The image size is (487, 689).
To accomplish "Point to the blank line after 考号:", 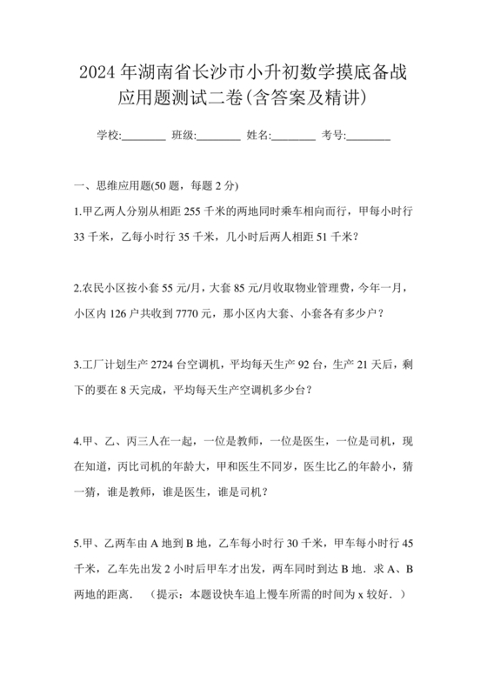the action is click(369, 137).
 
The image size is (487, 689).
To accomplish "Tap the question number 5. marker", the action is click(78, 545).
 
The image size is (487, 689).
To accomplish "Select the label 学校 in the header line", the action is click(107, 135).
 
